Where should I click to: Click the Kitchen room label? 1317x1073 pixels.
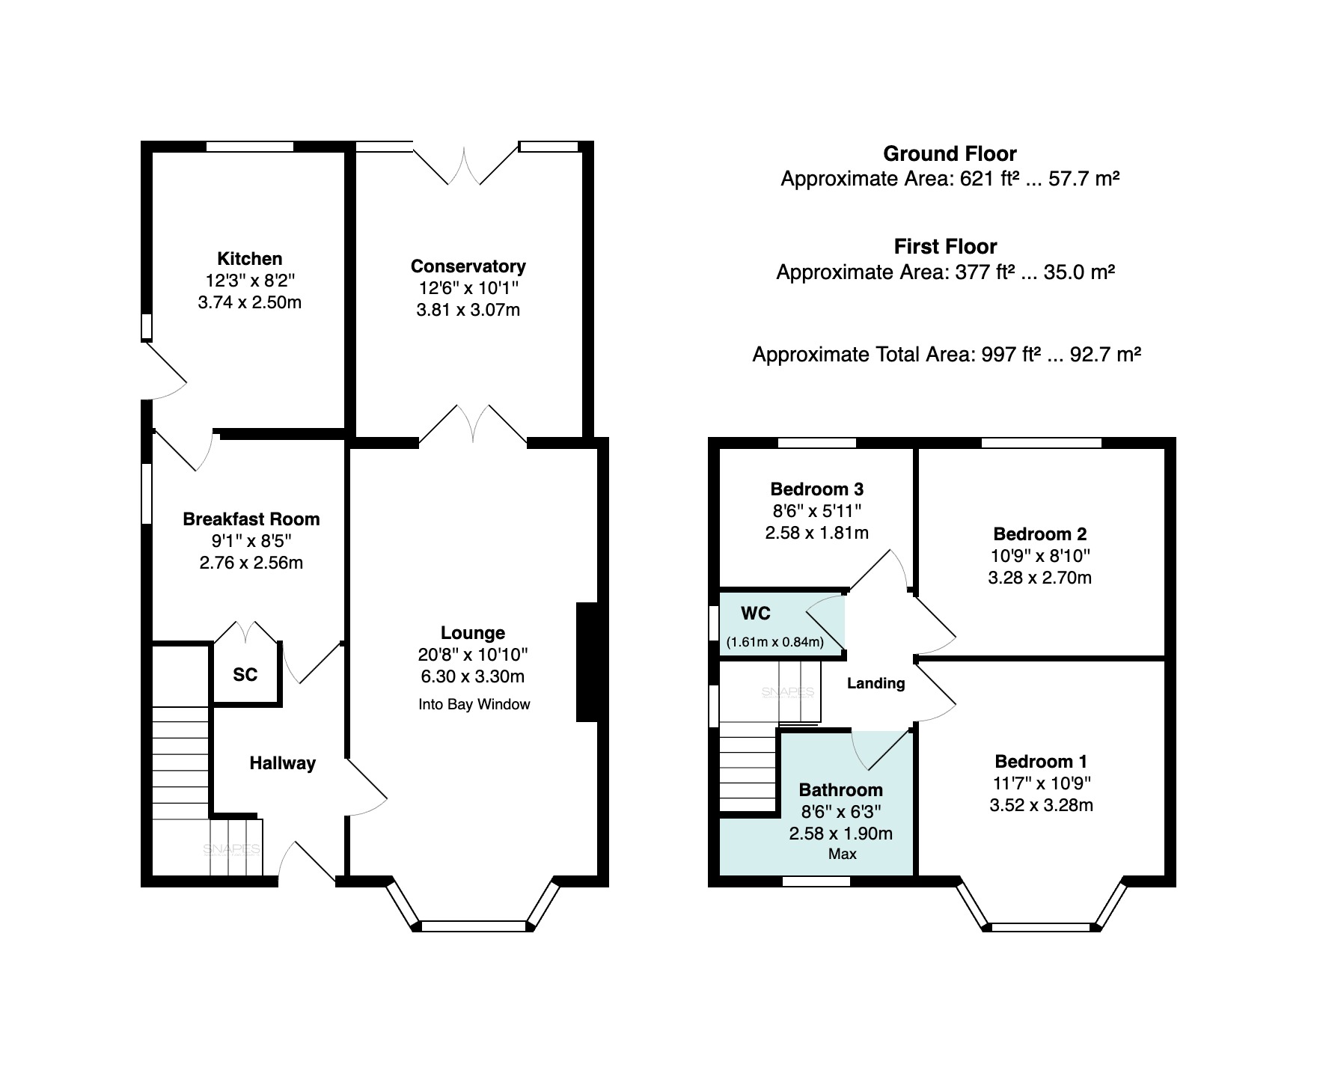coord(249,259)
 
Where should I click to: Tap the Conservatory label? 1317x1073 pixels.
coord(468,266)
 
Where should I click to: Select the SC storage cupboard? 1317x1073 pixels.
coord(245,675)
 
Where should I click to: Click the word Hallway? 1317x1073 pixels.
coord(282,763)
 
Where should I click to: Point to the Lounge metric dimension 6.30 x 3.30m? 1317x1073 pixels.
coord(471,677)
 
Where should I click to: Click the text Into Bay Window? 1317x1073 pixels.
coord(474,704)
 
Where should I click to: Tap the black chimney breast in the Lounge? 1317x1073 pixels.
coord(587,662)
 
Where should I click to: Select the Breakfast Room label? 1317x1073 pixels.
coord(251,519)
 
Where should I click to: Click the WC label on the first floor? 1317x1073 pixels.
coord(756,614)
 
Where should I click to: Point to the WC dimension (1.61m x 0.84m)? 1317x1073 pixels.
coord(775,642)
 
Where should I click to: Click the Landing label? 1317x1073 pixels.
coord(876,683)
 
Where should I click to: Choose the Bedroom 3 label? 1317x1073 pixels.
coord(817,489)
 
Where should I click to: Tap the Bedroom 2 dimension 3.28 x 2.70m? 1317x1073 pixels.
coord(1040,578)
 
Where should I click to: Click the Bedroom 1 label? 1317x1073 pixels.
coord(1041,762)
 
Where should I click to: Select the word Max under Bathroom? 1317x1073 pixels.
coord(843,854)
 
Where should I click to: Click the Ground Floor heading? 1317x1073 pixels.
coord(950,154)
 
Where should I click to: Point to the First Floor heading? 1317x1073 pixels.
coord(946,247)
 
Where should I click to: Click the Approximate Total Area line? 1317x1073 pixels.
coord(947,355)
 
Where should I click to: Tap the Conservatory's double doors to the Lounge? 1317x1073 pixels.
coord(473,424)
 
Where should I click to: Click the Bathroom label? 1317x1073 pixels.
coord(841,790)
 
